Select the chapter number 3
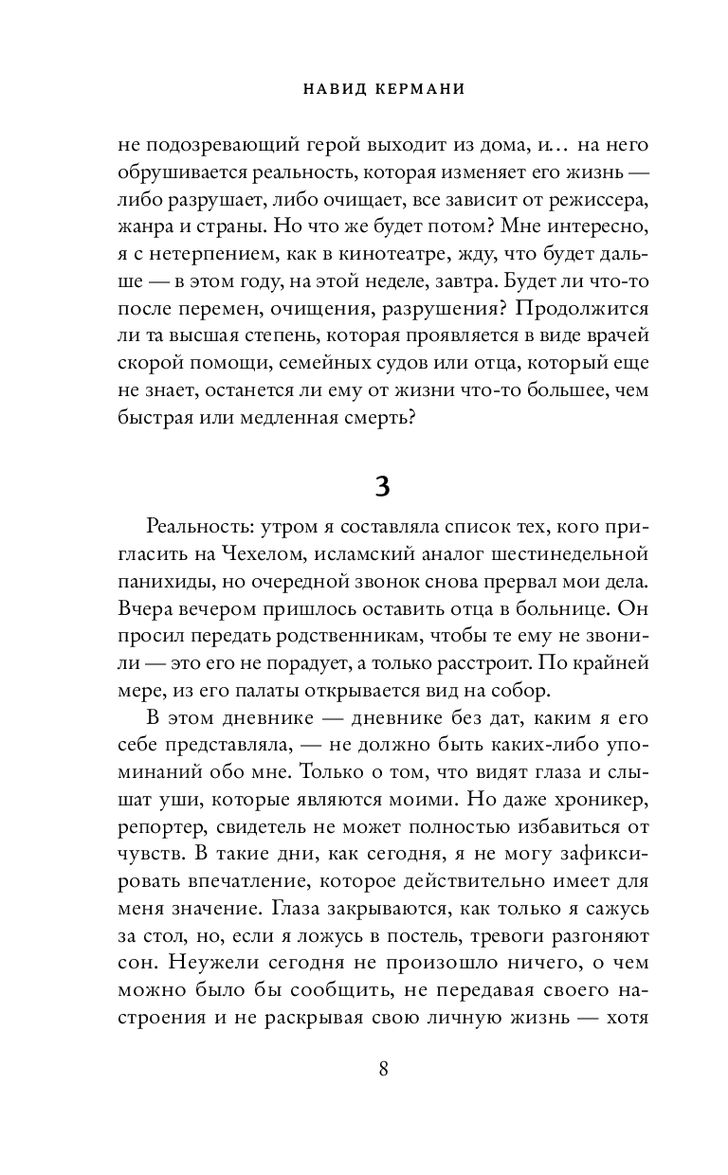pos(381,486)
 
